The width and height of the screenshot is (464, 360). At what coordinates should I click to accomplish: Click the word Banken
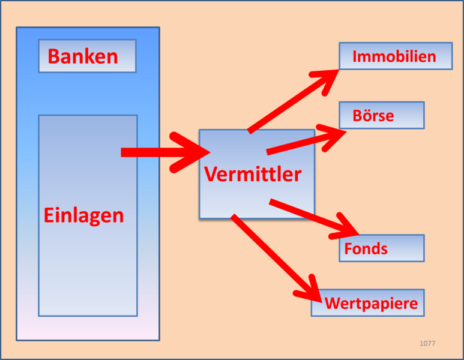(83, 56)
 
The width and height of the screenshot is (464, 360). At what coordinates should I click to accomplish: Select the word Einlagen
(84, 215)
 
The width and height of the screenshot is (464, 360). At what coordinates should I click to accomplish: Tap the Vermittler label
(253, 174)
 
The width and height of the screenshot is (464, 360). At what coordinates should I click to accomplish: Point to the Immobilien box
(395, 56)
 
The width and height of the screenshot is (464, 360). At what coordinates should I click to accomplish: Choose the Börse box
(382, 115)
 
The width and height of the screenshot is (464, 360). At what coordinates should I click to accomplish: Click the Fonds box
(382, 248)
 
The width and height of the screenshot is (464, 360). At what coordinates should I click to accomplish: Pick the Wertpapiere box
(368, 303)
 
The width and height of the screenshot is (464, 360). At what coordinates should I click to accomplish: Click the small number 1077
(427, 343)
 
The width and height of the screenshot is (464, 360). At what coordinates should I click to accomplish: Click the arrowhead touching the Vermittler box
(192, 153)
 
